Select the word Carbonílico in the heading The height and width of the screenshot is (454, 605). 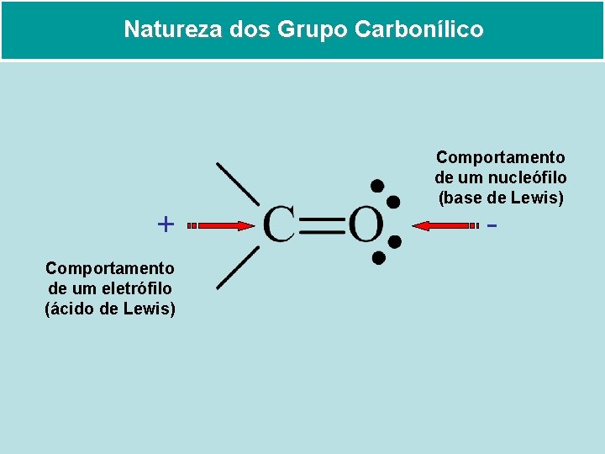[x=419, y=29]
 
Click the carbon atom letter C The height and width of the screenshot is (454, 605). [x=278, y=225]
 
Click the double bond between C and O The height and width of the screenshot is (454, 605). [x=322, y=225]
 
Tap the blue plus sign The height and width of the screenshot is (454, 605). [x=166, y=224]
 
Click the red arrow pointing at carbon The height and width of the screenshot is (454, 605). [x=221, y=225]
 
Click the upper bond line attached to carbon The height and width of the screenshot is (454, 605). [x=237, y=182]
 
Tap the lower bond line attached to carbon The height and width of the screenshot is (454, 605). [x=237, y=268]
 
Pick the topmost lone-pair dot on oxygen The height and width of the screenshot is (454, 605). [x=377, y=185]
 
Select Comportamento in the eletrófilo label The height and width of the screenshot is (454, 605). [x=110, y=268]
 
